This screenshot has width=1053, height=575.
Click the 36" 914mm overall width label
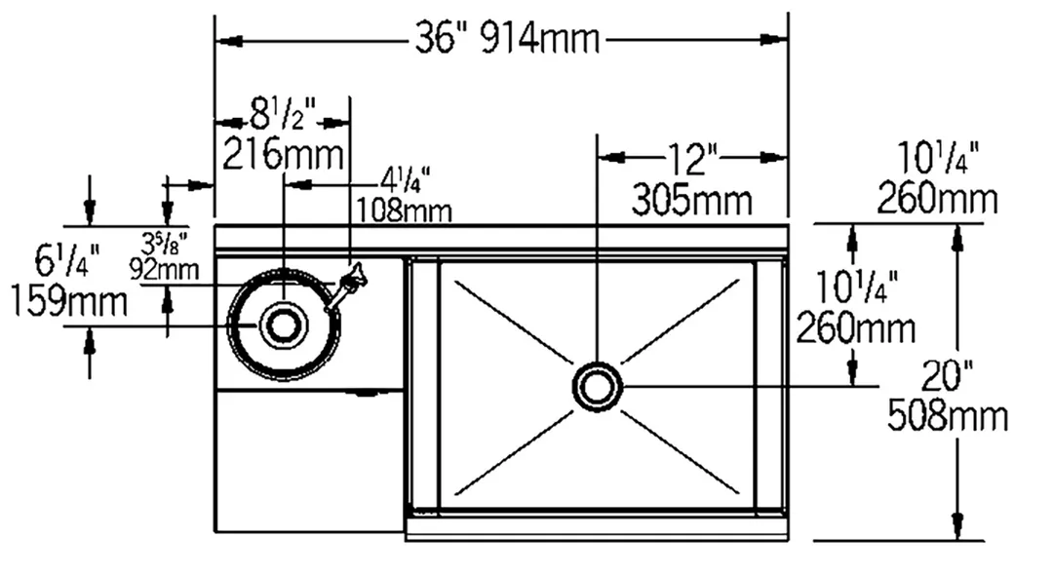click(x=507, y=38)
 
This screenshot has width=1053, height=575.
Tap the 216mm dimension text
click(x=284, y=154)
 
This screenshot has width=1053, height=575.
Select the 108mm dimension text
click(x=404, y=211)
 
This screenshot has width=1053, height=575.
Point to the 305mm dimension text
click(x=691, y=199)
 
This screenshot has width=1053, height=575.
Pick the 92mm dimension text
click(x=164, y=270)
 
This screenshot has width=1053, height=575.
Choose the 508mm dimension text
click(x=948, y=416)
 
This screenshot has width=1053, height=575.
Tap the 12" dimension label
click(x=692, y=158)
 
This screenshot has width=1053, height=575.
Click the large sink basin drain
click(x=597, y=387)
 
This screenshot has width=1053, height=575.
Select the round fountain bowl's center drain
click(x=285, y=325)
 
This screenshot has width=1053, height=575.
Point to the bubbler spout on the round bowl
click(x=345, y=287)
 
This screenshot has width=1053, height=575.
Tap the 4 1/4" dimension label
click(x=406, y=180)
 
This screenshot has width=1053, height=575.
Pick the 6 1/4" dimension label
click(x=67, y=260)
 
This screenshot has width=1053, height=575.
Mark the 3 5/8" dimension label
click(x=164, y=242)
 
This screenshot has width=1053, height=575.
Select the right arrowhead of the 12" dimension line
click(x=774, y=158)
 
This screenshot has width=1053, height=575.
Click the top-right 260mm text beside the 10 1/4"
click(x=938, y=199)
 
